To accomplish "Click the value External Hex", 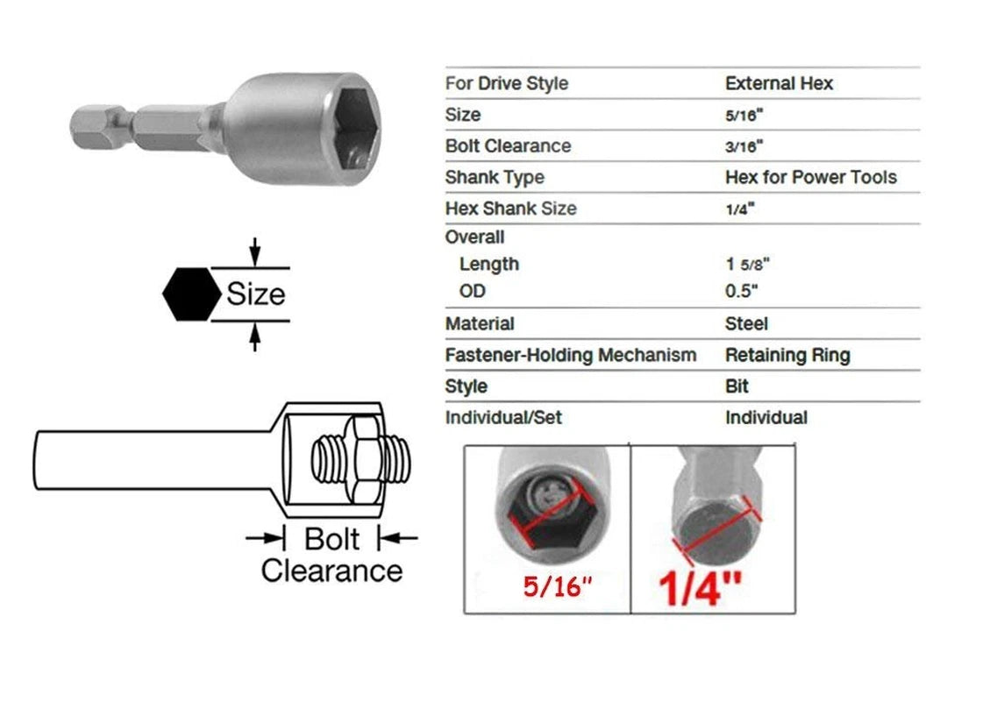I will click(x=779, y=84).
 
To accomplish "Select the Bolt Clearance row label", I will click(x=508, y=146).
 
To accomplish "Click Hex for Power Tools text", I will click(x=810, y=178).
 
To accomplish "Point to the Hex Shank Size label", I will click(x=510, y=209).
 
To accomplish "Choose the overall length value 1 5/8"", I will click(x=747, y=265).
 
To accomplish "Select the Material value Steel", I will click(x=746, y=324).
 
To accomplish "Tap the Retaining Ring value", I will click(x=787, y=356).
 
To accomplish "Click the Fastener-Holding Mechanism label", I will click(x=570, y=356).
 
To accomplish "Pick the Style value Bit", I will click(x=737, y=386).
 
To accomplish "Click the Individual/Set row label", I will click(x=503, y=418).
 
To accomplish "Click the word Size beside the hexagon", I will click(x=255, y=294).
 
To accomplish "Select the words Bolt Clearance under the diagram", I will click(x=331, y=555).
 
